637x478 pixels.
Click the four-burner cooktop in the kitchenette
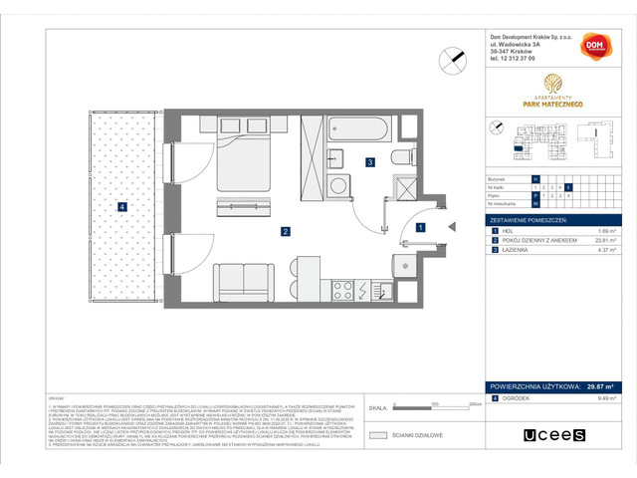[x=344, y=290]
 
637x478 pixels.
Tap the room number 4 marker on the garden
[x=121, y=207]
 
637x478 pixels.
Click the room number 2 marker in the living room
[x=286, y=232]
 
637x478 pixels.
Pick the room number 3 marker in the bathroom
[x=369, y=161]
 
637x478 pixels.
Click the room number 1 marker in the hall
[x=420, y=227]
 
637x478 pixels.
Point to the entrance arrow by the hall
[x=451, y=227]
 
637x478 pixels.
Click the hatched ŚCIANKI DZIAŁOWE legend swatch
[x=376, y=435]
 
